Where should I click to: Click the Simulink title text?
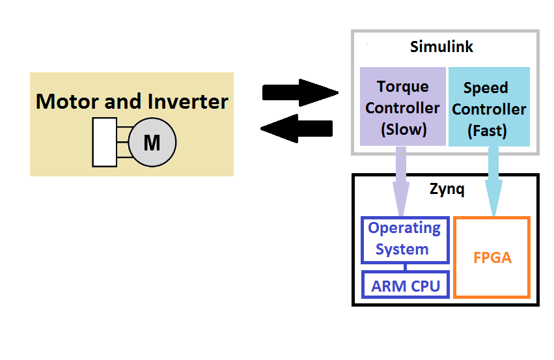441,47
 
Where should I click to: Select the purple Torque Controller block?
402,107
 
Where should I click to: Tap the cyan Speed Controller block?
489,108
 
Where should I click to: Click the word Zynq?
447,190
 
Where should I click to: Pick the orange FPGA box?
492,257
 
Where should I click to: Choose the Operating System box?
405,239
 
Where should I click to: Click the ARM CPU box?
405,285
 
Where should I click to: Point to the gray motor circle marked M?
152,142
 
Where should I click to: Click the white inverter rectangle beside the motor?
105,142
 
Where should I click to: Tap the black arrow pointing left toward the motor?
297,128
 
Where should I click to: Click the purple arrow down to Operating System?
401,182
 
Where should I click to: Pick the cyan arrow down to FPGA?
493,182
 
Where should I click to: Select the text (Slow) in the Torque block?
402,129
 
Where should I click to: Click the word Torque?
402,87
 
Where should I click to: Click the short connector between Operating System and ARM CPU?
405,267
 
